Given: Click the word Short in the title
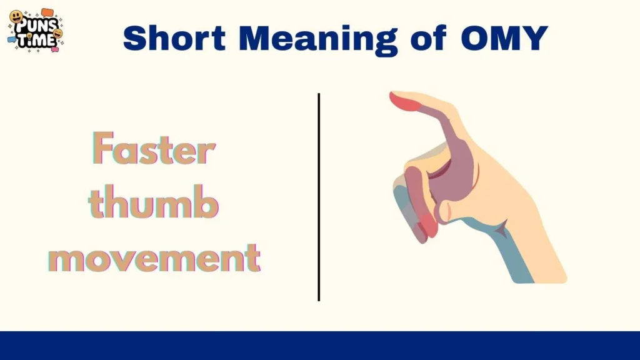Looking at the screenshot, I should coord(175,39).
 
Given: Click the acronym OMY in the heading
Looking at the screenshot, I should coord(504,39).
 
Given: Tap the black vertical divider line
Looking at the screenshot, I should coord(319,197).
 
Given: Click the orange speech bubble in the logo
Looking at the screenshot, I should coord(47,12).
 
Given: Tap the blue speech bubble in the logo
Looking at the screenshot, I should coord(12,40).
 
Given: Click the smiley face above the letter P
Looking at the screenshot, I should coord(16,17).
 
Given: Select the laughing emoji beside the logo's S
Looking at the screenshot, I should coord(59,34).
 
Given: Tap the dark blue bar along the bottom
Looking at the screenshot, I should coord(320,346).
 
